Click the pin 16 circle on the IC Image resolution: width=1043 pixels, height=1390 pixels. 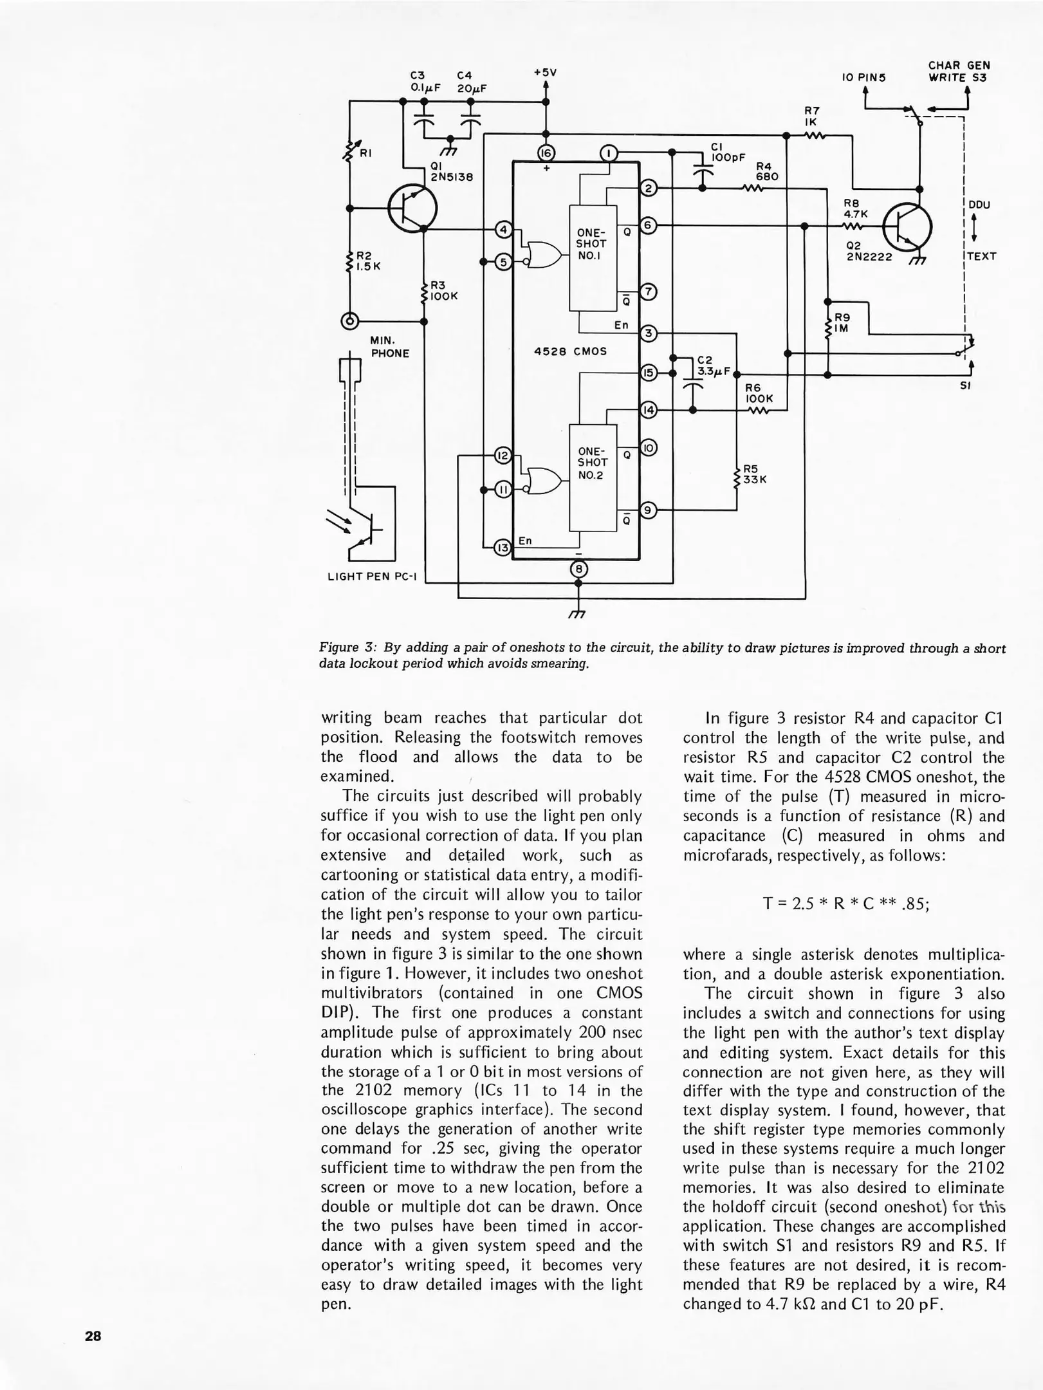546,153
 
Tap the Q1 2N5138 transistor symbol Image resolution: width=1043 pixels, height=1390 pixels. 413,208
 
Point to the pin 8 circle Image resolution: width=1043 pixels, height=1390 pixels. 578,569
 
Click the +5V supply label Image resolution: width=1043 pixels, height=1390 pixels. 545,73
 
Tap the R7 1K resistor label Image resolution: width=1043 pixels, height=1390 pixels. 811,116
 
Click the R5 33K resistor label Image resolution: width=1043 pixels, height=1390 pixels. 754,474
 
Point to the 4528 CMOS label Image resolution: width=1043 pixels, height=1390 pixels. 570,352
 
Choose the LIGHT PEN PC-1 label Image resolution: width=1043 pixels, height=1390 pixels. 372,576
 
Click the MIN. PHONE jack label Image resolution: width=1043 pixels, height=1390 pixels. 389,346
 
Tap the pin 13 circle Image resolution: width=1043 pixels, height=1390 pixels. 502,548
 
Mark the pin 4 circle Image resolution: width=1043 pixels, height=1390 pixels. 504,230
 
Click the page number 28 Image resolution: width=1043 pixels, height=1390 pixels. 93,1336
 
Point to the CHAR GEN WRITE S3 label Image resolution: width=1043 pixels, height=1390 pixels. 957,71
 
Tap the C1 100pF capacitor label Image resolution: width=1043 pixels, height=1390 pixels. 727,152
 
